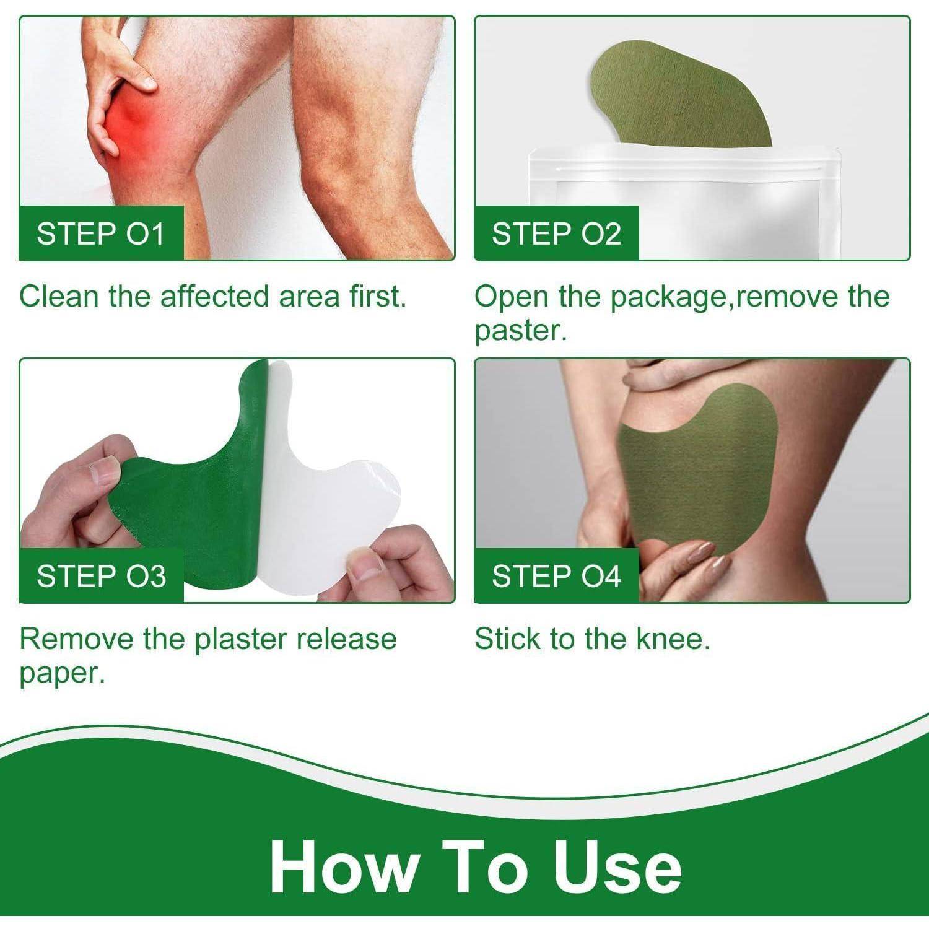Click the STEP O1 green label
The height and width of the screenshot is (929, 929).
pos(102,233)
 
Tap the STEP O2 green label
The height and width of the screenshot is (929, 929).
pos(556,233)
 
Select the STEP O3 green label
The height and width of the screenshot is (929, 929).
pos(102,575)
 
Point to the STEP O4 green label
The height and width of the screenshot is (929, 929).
pos(556,575)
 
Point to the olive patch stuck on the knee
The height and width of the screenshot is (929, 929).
pos(700,471)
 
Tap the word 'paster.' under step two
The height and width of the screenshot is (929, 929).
pos(521,331)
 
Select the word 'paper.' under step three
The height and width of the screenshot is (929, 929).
pos(63,674)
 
